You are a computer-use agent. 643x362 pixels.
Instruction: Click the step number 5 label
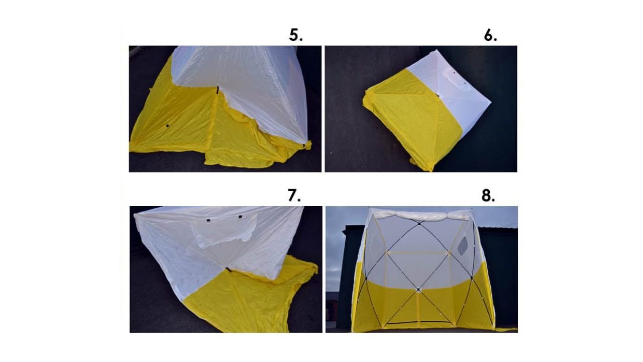(x=296, y=35)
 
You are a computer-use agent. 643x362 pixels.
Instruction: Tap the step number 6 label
(x=490, y=35)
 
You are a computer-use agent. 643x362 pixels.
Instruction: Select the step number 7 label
(x=294, y=196)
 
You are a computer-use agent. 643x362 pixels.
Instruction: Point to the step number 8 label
(x=488, y=196)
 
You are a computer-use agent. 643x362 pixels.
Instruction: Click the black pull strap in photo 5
(x=218, y=89)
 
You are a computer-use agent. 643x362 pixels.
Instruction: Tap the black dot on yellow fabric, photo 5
(x=167, y=126)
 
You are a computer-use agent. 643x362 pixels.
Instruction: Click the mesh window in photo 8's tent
(x=463, y=246)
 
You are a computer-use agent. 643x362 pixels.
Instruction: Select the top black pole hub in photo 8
(x=419, y=223)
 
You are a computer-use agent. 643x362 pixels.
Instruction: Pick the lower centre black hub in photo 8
(x=418, y=290)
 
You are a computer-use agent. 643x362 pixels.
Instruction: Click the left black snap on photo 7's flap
(x=208, y=221)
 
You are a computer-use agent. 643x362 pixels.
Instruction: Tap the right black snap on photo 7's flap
(x=240, y=217)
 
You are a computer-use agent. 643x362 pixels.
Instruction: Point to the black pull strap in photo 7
(x=229, y=269)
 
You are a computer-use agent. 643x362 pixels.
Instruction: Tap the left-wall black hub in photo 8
(x=366, y=278)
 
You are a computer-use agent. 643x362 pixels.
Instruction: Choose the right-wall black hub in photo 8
(x=472, y=278)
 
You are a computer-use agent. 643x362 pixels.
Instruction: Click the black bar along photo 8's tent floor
(x=418, y=323)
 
